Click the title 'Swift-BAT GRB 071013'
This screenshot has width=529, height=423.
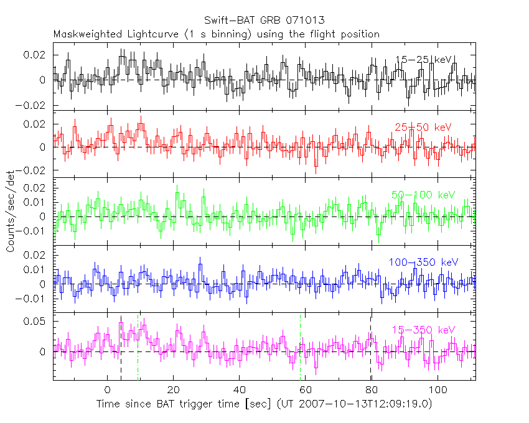pos(264,21)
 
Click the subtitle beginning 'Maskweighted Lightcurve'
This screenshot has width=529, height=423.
pos(216,34)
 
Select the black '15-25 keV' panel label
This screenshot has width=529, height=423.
pos(423,60)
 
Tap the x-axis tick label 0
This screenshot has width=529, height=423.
pos(108,390)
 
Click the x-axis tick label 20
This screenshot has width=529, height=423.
pos(174,390)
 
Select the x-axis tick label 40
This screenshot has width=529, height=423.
pos(240,390)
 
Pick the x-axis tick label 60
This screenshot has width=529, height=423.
pos(306,390)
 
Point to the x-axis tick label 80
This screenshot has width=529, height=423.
pos(372,390)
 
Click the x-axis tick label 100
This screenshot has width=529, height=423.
pos(438,390)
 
